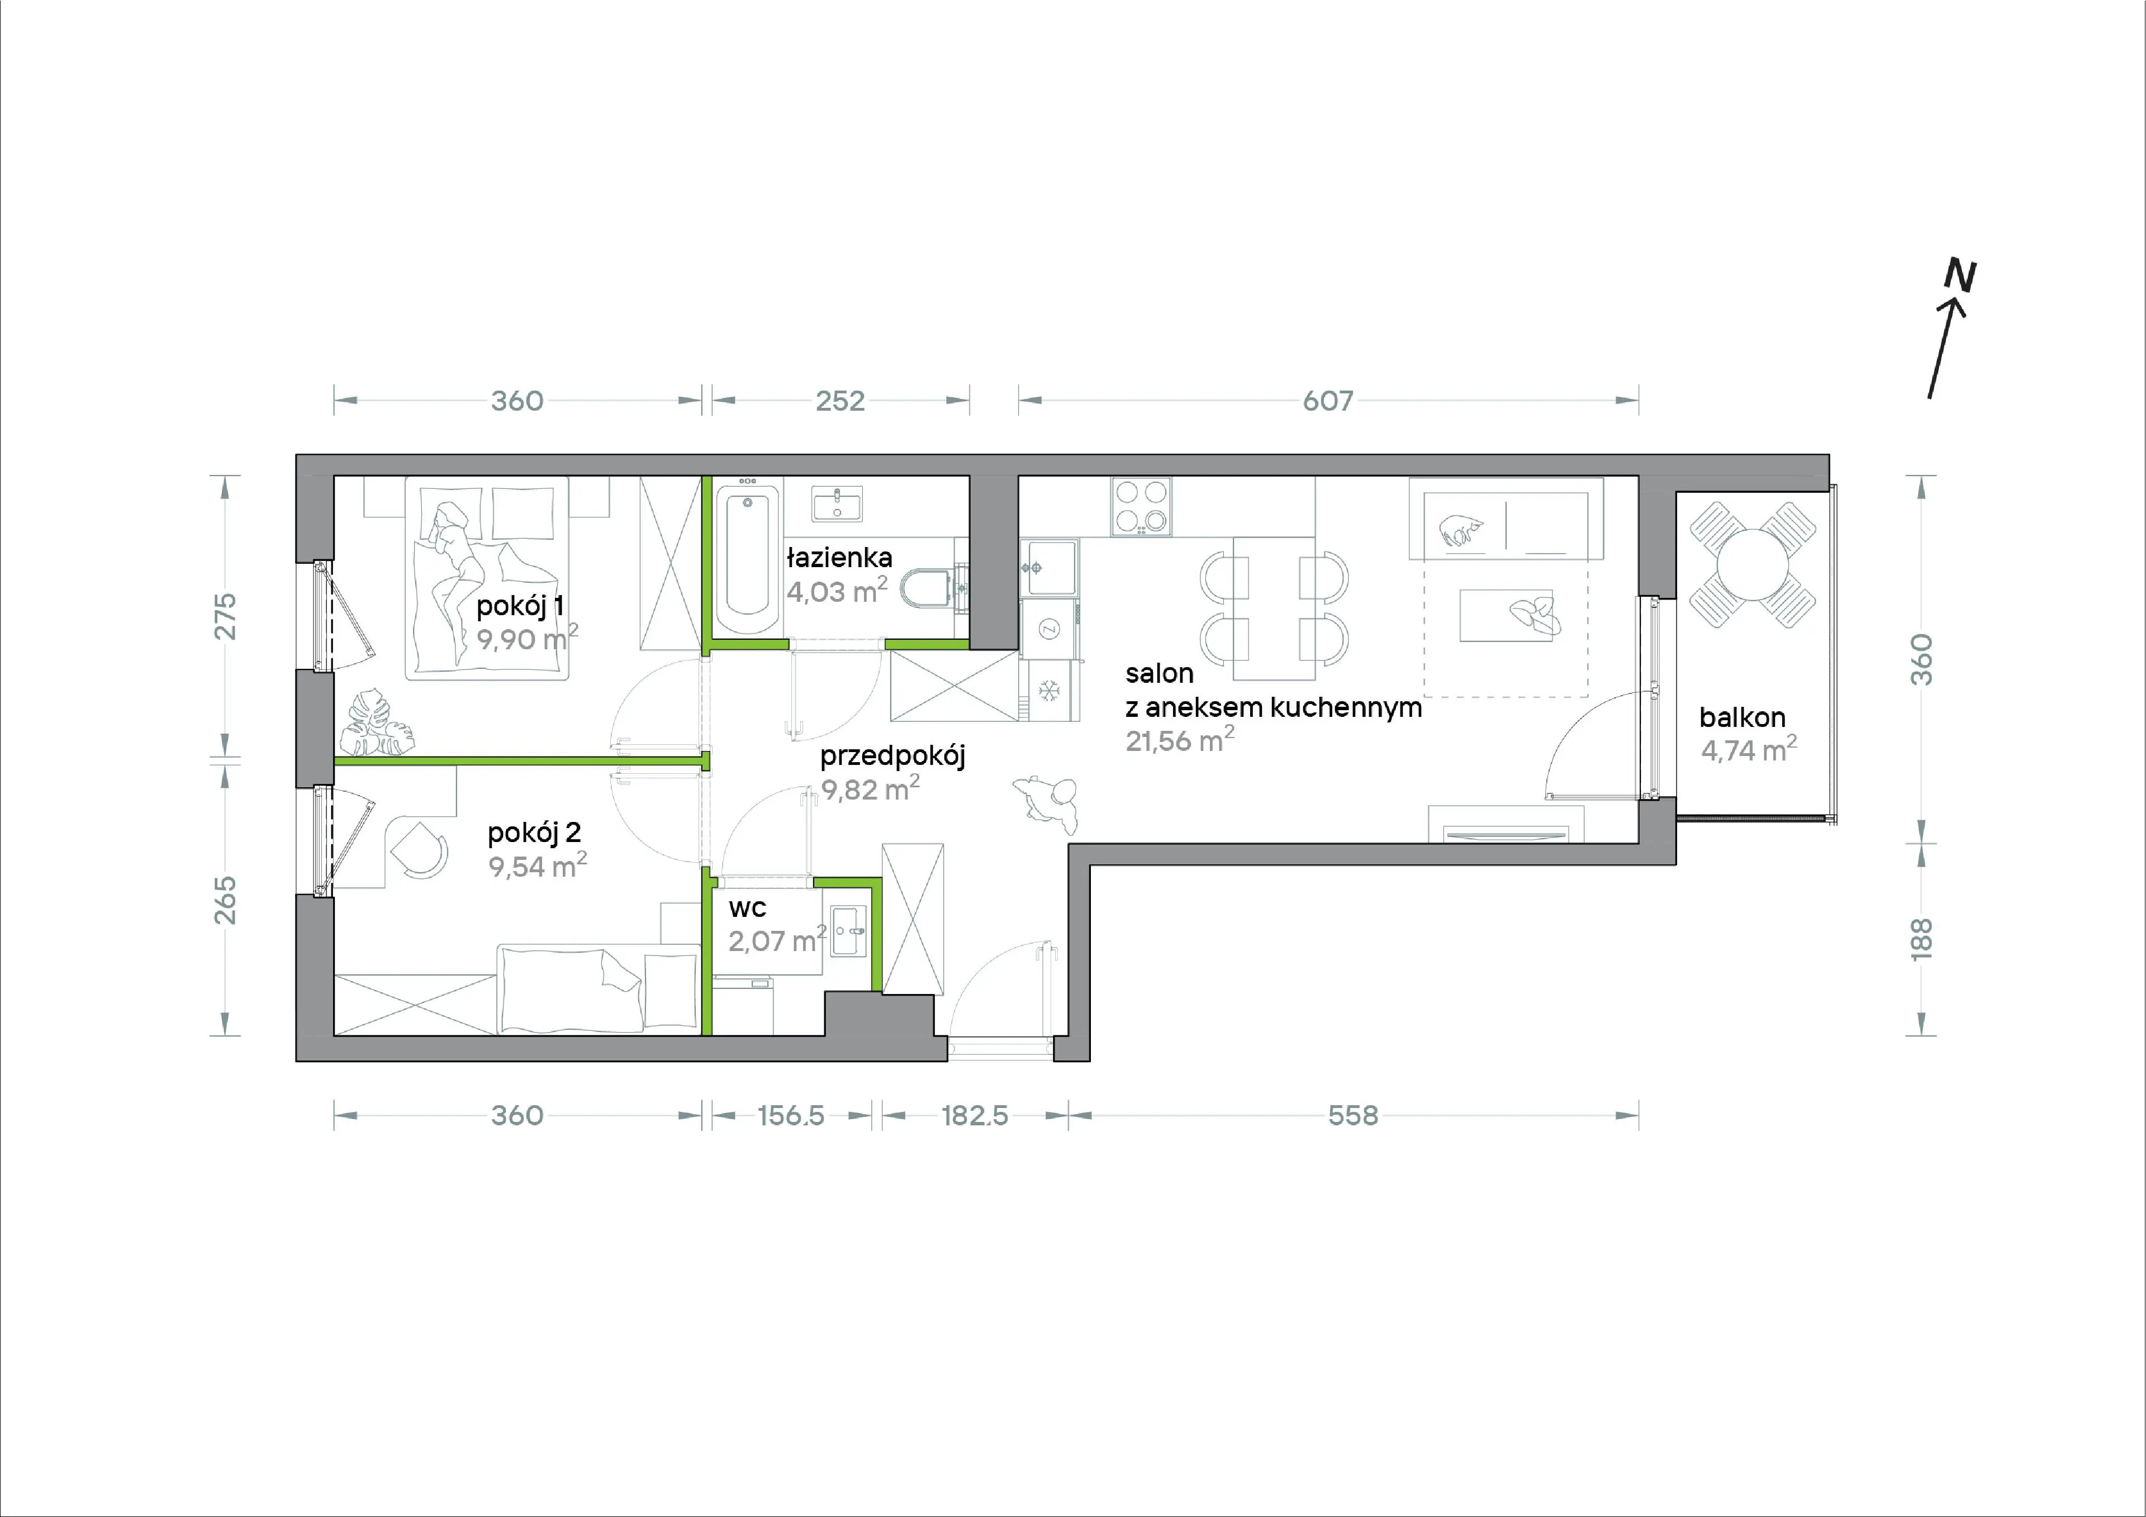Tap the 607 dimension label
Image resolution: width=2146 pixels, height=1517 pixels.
[1328, 401]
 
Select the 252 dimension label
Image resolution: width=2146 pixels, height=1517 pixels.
[841, 401]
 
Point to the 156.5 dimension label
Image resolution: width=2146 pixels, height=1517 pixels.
[791, 1115]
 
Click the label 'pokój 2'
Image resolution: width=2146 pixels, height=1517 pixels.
[534, 833]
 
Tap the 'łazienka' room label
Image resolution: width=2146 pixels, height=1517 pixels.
[839, 558]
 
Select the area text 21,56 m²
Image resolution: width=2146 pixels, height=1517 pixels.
[1180, 739]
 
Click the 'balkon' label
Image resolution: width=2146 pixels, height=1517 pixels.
[1742, 717]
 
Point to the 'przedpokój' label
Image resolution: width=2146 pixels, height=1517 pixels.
[892, 756]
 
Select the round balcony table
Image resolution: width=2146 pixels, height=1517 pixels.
[1753, 564]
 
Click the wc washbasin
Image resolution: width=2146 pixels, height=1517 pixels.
[849, 931]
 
